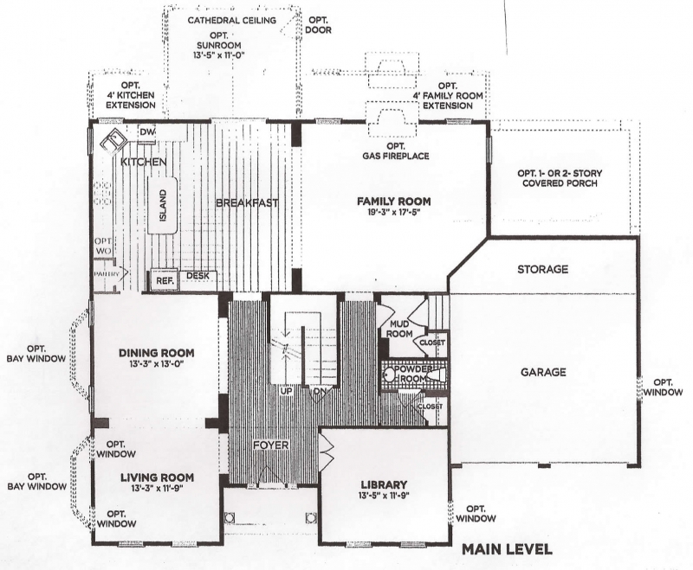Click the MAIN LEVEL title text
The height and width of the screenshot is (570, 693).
pyautogui.click(x=507, y=549)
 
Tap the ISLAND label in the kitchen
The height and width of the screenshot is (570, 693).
pyautogui.click(x=163, y=205)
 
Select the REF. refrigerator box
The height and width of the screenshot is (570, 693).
pyautogui.click(x=165, y=280)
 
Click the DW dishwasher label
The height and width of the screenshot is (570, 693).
pyautogui.click(x=146, y=132)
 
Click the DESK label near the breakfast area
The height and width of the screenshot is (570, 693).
pyautogui.click(x=198, y=276)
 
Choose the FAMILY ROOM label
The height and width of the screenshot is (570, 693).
pyautogui.click(x=394, y=202)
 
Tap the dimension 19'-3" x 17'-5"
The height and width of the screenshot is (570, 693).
pyautogui.click(x=394, y=212)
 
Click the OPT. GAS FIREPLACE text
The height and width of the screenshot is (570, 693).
pyautogui.click(x=396, y=151)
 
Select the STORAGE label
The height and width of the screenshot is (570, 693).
pyautogui.click(x=543, y=269)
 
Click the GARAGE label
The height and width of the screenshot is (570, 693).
pyautogui.click(x=543, y=372)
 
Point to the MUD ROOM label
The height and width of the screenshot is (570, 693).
pyautogui.click(x=399, y=330)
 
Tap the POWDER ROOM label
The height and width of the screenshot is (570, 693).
pyautogui.click(x=413, y=374)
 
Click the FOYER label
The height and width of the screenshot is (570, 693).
pyautogui.click(x=271, y=445)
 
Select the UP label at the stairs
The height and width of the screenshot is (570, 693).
pyautogui.click(x=287, y=391)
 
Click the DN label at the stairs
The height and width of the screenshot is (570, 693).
pyautogui.click(x=320, y=391)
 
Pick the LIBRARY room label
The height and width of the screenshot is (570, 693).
pyautogui.click(x=384, y=485)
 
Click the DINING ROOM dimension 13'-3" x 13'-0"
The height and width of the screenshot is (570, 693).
pyautogui.click(x=157, y=363)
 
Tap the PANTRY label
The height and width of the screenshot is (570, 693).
pyautogui.click(x=107, y=274)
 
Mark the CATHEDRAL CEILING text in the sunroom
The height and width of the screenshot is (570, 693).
pyautogui.click(x=232, y=20)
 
